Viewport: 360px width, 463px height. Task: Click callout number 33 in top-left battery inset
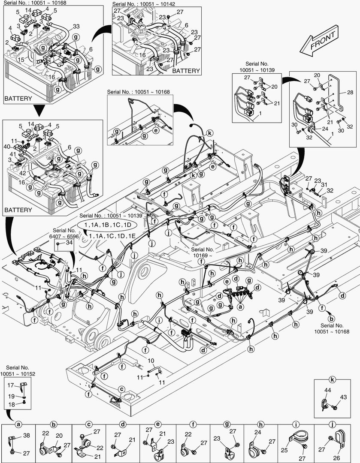pos(76,26)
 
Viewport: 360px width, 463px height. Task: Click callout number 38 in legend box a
pos(27,436)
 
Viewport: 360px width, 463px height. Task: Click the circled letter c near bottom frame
pos(122,388)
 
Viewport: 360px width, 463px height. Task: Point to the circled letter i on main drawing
pos(160,320)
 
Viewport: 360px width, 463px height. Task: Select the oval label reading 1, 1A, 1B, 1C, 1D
pos(107,225)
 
